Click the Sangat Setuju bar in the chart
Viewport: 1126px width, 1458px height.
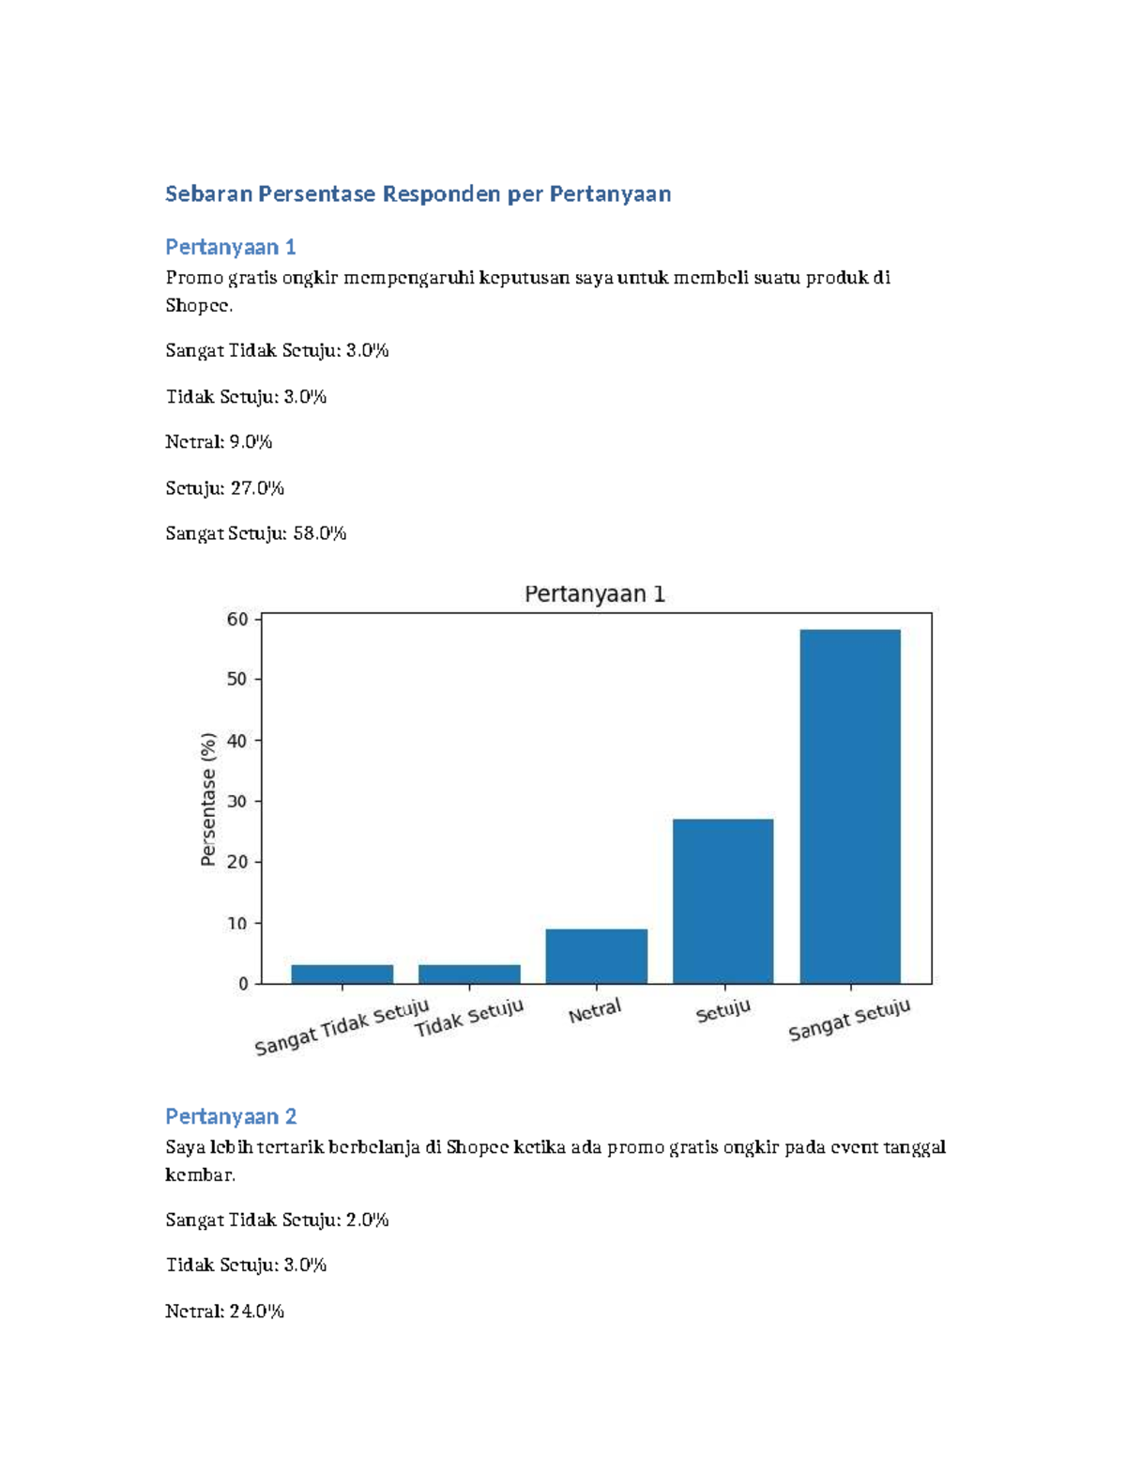click(850, 806)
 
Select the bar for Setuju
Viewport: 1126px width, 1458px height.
click(723, 901)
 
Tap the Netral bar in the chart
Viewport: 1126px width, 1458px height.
click(596, 956)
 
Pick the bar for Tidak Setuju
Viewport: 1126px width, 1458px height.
click(469, 975)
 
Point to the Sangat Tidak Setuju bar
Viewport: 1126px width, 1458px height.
click(342, 975)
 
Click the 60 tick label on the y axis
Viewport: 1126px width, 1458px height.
click(237, 620)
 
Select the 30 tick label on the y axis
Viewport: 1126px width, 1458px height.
click(237, 802)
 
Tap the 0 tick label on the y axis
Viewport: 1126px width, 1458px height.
click(243, 984)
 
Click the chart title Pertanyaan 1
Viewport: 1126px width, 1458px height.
click(594, 593)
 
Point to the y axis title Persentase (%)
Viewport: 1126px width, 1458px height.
click(208, 799)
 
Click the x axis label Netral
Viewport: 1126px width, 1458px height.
click(595, 1010)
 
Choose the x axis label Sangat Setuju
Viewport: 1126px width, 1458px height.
click(849, 1020)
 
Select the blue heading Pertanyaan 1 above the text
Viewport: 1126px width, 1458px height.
click(231, 247)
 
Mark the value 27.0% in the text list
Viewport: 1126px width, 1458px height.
click(257, 488)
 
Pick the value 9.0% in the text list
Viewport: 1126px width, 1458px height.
click(251, 441)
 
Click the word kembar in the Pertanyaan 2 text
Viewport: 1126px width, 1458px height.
click(199, 1174)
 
